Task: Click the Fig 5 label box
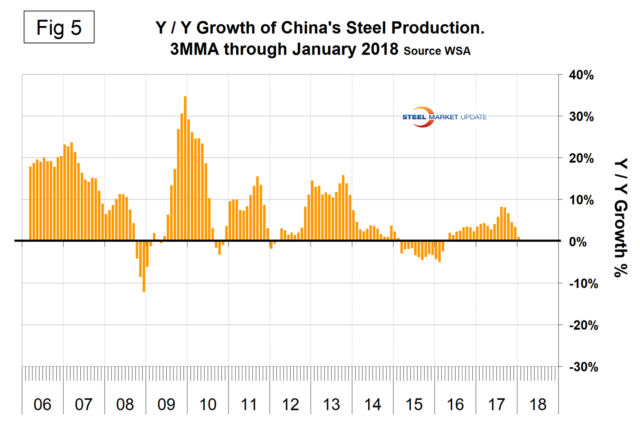coord(59,28)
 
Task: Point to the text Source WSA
coord(437,51)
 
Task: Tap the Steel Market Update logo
coord(443,117)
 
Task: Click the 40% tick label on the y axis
coord(581,75)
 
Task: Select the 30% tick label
coord(581,117)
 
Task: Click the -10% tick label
coord(583,284)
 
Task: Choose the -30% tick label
coord(583,367)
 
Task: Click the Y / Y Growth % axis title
coord(621,217)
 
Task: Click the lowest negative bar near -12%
coord(144,266)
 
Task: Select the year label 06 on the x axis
coord(42,405)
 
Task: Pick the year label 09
coord(166,405)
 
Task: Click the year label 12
coord(290,405)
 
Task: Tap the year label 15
coord(414,405)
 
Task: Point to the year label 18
coord(538,405)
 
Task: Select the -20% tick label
coord(583,325)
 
